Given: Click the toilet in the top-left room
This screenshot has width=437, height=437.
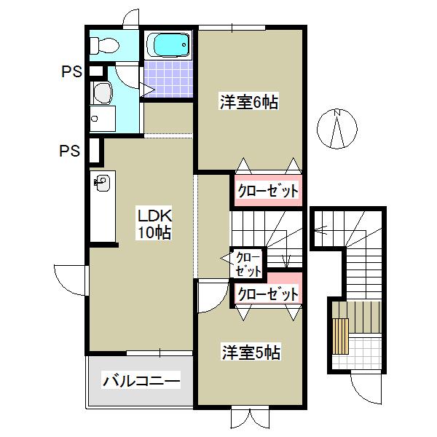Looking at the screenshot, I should (103, 45).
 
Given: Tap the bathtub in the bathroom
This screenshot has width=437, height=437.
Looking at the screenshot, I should (168, 46).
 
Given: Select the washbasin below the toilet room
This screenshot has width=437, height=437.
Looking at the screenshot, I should (101, 92).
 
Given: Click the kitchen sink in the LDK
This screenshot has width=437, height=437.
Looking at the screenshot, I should (101, 182).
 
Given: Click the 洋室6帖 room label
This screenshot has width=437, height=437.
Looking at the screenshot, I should (250, 103).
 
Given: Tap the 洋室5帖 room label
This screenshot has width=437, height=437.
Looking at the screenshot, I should (251, 353).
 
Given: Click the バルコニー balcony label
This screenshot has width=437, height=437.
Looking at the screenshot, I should (141, 380).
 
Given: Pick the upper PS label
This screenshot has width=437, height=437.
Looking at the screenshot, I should (71, 72).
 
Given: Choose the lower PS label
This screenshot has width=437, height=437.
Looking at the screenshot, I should (69, 151).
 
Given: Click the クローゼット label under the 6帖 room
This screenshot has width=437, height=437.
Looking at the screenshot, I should (268, 192).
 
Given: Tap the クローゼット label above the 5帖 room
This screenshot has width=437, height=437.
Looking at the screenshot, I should (268, 295).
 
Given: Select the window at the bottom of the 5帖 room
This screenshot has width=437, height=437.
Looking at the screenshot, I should (248, 417).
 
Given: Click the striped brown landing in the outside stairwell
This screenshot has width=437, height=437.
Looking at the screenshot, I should (339, 336).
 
